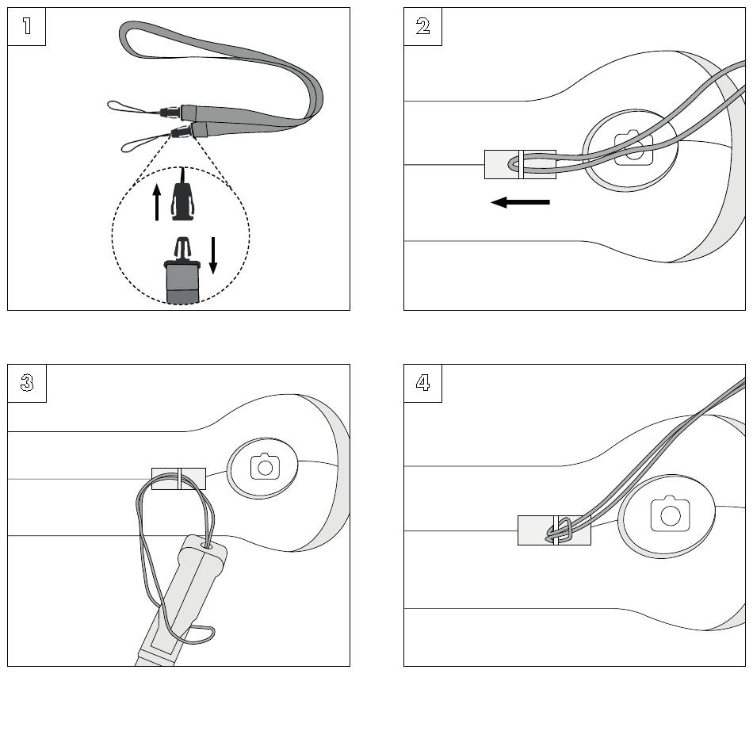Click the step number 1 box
click(x=26, y=26)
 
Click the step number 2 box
click(x=422, y=26)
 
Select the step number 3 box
click(x=26, y=383)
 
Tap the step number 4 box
click(x=422, y=383)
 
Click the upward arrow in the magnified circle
click(x=157, y=202)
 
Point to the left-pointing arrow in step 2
click(x=520, y=203)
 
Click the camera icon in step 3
click(x=265, y=467)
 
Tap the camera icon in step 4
click(x=671, y=514)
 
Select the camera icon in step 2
click(x=633, y=149)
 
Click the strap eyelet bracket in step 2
click(x=519, y=164)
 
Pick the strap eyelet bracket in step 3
click(x=178, y=478)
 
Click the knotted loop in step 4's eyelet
click(x=561, y=529)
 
